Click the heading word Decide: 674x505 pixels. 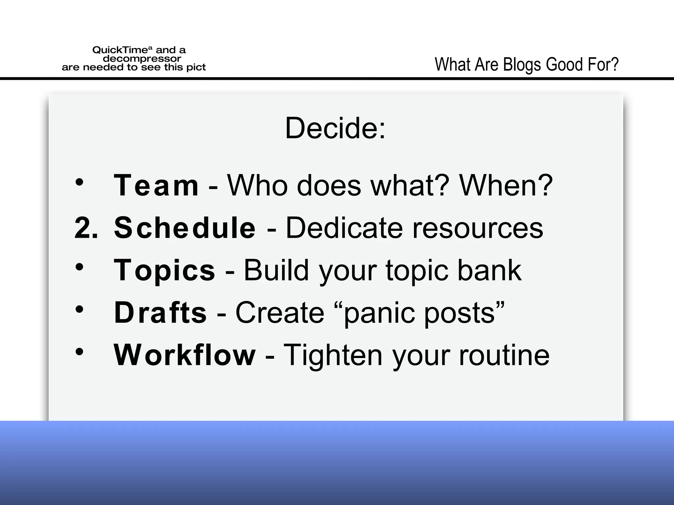335,128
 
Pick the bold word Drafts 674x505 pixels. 160,313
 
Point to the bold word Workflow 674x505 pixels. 185,355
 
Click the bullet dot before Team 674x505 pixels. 79,182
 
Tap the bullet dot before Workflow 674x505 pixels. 79,352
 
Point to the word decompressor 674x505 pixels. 142,59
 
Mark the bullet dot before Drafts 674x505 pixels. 79,309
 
